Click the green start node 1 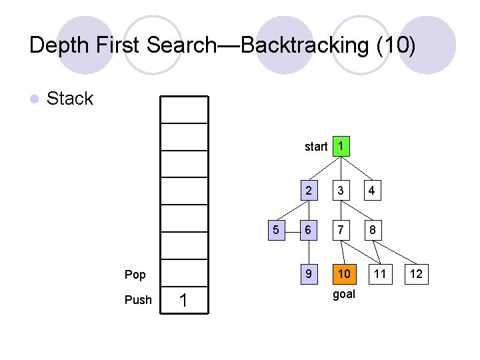[x=341, y=146]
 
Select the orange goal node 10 [x=343, y=274]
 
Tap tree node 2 [x=308, y=191]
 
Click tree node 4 [x=371, y=191]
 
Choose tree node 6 [x=308, y=231]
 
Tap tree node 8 [x=371, y=231]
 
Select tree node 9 [x=308, y=274]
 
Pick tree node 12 [x=415, y=274]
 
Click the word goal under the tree [x=343, y=294]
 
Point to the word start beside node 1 [x=315, y=147]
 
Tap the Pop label [x=135, y=274]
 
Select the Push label [x=138, y=300]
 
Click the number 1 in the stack [x=183, y=302]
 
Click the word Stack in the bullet [x=70, y=99]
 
